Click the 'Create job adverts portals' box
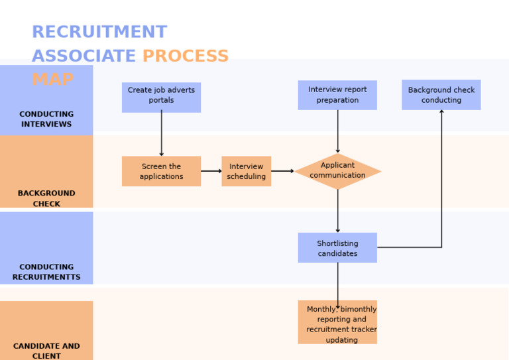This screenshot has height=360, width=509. pos(161,97)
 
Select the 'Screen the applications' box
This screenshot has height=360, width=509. pos(161,171)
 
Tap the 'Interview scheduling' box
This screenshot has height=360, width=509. pos(246,171)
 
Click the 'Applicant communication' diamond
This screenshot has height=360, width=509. pos(337,171)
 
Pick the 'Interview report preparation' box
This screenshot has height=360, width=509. pos(337,95)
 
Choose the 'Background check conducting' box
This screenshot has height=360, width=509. pos(441,95)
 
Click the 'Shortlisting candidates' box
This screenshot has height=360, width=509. pos(337,247)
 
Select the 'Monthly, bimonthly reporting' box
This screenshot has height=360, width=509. pos(337,322)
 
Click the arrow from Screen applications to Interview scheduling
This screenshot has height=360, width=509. pos(211,171)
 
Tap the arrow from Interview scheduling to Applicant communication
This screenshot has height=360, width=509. pos(282,171)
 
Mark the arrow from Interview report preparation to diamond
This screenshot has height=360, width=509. pos(337,131)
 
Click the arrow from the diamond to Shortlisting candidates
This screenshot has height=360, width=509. pos(337,211)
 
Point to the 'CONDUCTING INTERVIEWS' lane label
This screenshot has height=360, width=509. pos(46,119)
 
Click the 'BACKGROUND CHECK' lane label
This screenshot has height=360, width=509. pos(46,198)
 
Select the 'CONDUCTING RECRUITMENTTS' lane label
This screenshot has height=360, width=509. pos(46,272)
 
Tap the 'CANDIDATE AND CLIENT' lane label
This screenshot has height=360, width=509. pos(46,351)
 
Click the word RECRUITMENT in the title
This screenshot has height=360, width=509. pos(99,32)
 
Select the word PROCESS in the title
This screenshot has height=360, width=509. pos(186,56)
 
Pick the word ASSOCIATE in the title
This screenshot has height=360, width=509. pos(84,56)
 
